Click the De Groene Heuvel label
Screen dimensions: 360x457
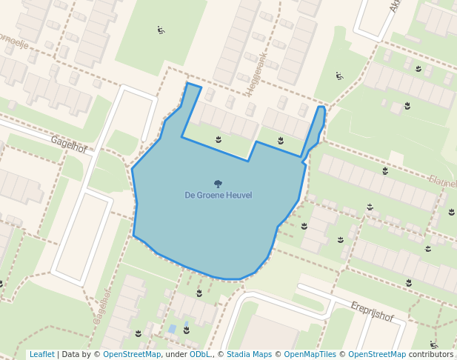point(218,195)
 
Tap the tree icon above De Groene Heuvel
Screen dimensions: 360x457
point(218,183)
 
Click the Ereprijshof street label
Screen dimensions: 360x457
point(371,312)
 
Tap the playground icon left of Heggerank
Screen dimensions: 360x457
point(161,30)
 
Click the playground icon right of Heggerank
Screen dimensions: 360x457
point(339,76)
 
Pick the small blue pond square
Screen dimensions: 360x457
point(172,328)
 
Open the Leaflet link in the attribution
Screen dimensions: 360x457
point(41,354)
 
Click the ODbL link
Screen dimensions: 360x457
point(199,354)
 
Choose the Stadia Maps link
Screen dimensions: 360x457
point(249,354)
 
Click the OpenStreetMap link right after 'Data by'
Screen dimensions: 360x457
point(131,354)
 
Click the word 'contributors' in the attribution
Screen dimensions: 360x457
point(430,354)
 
